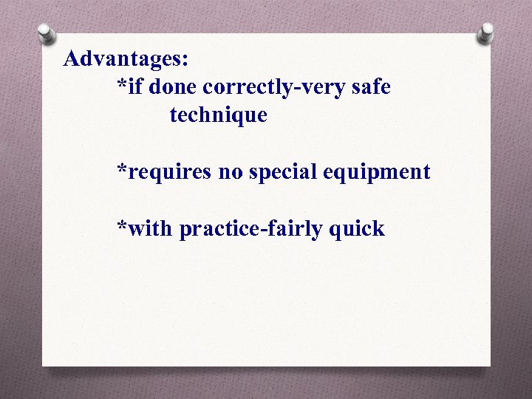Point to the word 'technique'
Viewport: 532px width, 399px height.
point(218,115)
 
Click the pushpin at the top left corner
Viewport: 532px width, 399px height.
point(47,33)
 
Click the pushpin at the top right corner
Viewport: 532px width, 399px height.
point(485,33)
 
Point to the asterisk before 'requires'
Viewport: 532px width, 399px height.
point(122,169)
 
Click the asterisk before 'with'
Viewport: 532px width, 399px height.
point(122,226)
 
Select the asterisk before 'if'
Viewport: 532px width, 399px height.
point(122,84)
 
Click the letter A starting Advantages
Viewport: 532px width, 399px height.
point(72,58)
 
